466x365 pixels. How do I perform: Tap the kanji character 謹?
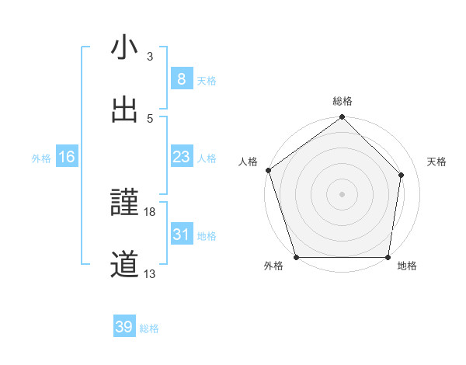[x=124, y=204]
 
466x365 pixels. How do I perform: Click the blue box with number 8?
[x=181, y=79]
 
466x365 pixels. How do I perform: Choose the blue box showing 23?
[x=181, y=157]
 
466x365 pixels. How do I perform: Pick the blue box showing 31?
[x=181, y=235]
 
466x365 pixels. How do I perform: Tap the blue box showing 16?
[x=67, y=157]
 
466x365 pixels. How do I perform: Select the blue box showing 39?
[x=124, y=327]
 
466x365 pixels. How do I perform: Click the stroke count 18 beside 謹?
[x=150, y=212]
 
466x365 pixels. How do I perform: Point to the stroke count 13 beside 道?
[x=150, y=273]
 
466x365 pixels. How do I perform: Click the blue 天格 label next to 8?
[x=207, y=80]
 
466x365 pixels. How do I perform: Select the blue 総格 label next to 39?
[x=149, y=328]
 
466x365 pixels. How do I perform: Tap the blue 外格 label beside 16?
[x=41, y=158]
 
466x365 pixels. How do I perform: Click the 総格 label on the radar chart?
[x=343, y=101]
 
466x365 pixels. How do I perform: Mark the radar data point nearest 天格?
[x=402, y=175]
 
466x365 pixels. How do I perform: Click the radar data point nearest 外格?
[x=296, y=257]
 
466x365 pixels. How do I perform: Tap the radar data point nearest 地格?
[x=388, y=257]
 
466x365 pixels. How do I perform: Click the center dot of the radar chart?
[x=343, y=193]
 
